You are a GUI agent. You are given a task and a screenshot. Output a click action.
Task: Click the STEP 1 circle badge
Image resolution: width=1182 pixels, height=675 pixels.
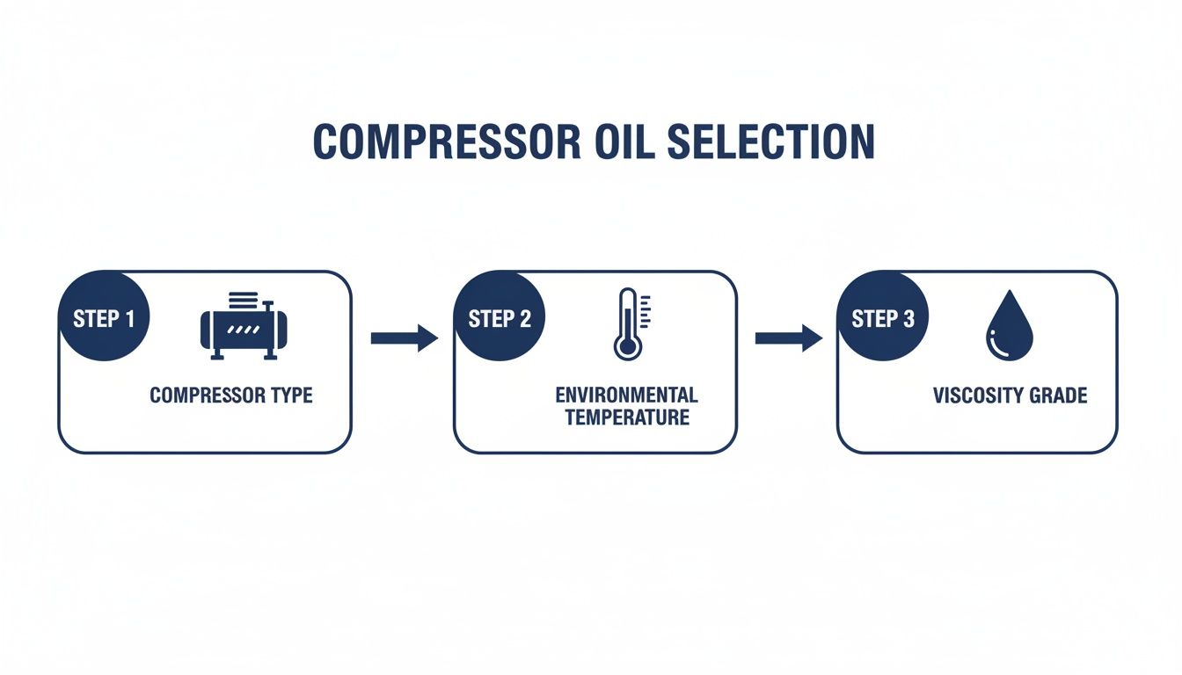103,318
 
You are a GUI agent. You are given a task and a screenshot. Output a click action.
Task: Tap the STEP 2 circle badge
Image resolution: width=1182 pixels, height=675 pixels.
499,318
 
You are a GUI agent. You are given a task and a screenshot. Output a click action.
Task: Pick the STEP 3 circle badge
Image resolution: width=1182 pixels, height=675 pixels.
882,318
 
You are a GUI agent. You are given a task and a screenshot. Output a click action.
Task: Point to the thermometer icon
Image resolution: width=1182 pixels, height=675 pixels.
628,323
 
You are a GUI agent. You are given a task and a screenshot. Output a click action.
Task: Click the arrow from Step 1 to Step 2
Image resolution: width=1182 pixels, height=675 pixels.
404,337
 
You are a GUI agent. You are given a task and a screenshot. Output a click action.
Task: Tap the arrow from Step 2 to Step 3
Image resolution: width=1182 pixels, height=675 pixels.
788,337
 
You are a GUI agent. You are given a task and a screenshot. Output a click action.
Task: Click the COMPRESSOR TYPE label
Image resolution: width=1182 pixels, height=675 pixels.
231,396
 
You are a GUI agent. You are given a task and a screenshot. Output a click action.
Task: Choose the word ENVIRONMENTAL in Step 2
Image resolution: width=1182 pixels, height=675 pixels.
626,395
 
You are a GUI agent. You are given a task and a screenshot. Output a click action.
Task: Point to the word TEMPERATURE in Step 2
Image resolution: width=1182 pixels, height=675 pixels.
627,417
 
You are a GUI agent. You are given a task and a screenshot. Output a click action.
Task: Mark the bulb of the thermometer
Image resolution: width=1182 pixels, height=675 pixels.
627,346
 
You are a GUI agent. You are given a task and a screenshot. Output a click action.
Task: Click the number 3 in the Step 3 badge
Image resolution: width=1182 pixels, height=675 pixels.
908,318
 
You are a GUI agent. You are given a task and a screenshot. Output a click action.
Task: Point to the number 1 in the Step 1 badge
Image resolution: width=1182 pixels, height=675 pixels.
129,318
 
